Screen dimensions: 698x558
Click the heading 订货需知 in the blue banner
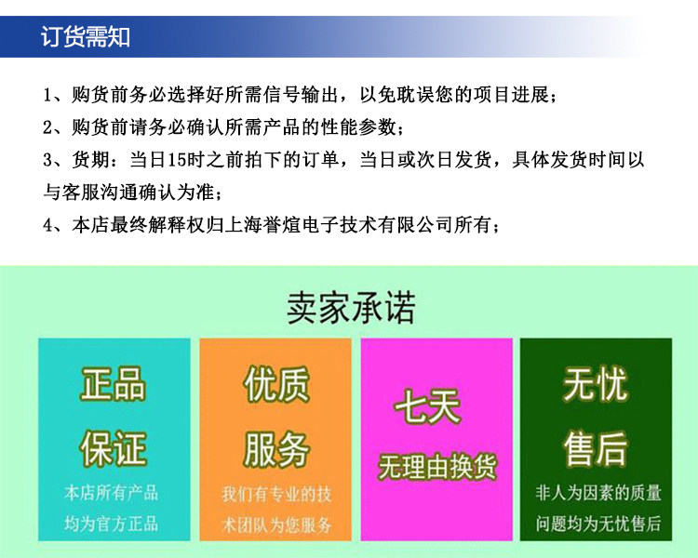(x=86, y=36)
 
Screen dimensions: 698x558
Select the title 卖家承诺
(x=351, y=308)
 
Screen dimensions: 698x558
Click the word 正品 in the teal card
(x=113, y=383)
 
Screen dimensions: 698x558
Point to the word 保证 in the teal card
(x=113, y=448)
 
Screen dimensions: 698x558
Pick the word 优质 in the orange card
(x=276, y=383)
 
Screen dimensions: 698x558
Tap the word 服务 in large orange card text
(x=276, y=448)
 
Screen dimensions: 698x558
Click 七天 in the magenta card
(x=427, y=405)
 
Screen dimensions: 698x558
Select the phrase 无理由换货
(x=436, y=466)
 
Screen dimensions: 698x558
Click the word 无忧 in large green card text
(x=596, y=383)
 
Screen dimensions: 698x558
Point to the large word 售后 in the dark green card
(x=596, y=448)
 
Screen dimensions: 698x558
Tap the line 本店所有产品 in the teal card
(x=112, y=493)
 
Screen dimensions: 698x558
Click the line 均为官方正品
(x=112, y=524)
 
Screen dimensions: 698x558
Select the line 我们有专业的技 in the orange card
(x=276, y=494)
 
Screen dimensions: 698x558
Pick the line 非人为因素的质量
(x=598, y=493)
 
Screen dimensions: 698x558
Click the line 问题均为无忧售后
(x=598, y=524)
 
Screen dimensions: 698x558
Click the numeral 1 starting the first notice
(x=48, y=95)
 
